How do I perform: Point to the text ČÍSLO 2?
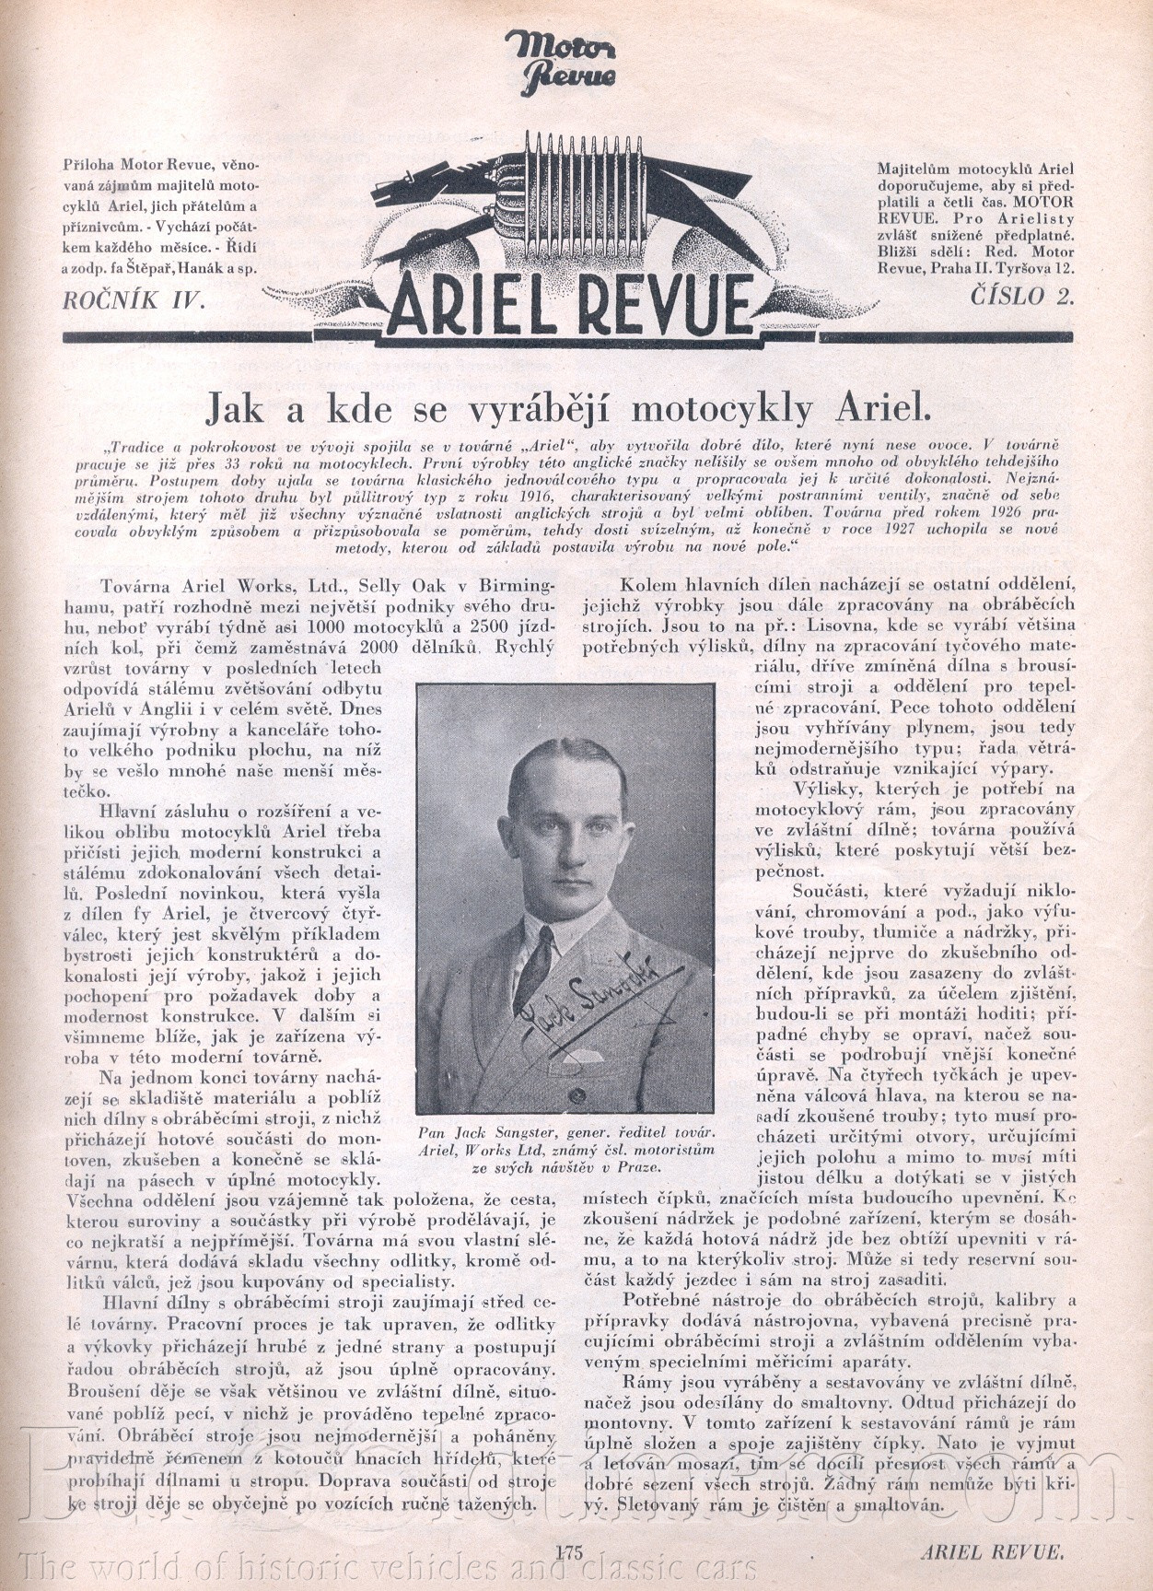point(1023,296)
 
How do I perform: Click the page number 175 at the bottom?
point(571,1550)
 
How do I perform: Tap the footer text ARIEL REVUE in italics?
point(992,1551)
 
